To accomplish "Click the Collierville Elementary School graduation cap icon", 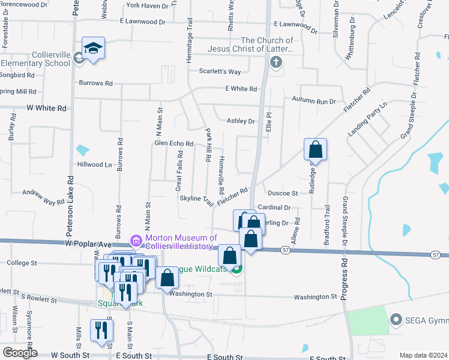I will click(94, 48).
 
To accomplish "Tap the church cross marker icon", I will click(276, 62).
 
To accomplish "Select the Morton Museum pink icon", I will click(136, 242).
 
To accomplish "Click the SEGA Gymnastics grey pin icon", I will click(396, 319).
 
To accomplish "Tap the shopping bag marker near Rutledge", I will click(315, 150).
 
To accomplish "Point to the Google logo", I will click(20, 352).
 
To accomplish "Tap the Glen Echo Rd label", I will click(173, 144).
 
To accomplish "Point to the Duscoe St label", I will click(283, 193).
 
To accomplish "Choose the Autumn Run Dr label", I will click(314, 100).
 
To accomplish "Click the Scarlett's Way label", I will click(220, 71).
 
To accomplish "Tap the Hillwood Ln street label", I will click(95, 164).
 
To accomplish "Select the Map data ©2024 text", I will click(424, 355).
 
